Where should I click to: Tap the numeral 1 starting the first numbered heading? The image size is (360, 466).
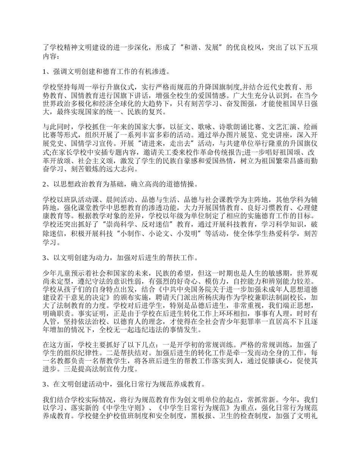coord(45,71)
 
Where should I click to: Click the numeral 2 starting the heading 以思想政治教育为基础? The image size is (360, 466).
coord(45,184)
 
